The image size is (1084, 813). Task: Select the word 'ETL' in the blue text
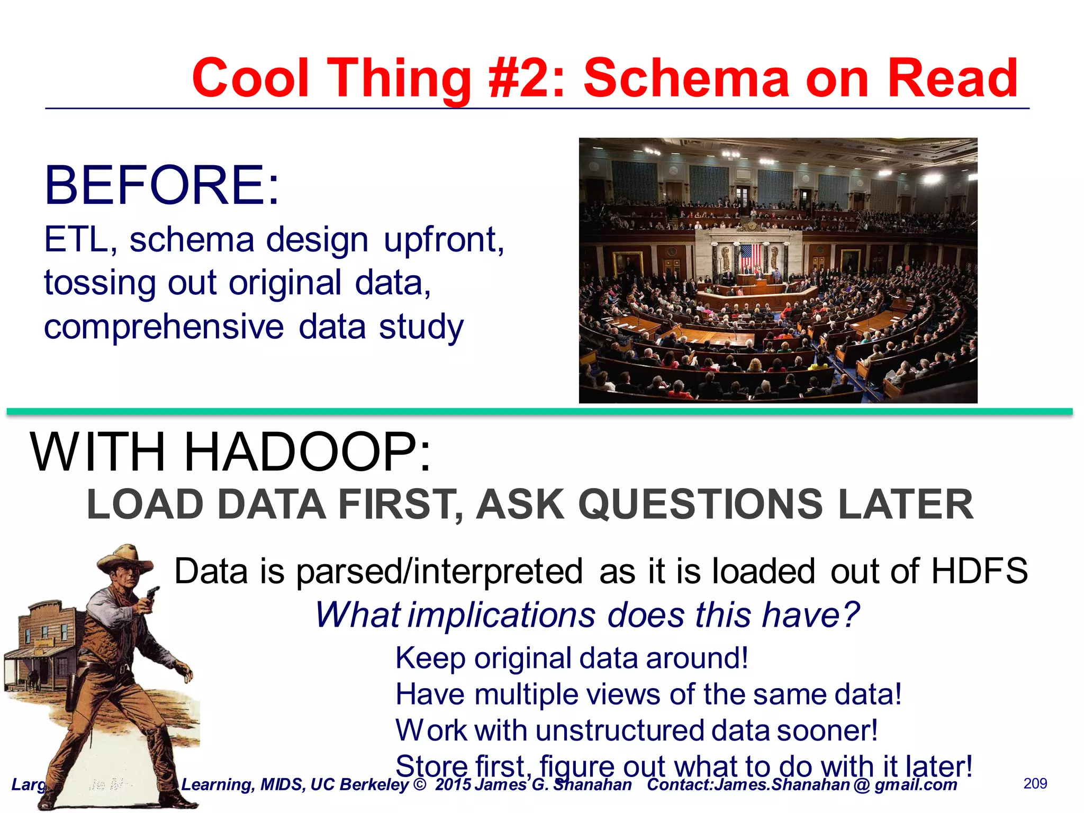coord(76,240)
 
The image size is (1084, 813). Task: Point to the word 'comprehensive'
coord(164,327)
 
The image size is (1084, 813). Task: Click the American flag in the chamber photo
coord(750,256)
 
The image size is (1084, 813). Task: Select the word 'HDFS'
coord(979,571)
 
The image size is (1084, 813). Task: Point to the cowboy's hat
coord(125,559)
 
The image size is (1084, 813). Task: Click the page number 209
coord(1035,783)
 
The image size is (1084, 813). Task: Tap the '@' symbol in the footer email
coord(861,785)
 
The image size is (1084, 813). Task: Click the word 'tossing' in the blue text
coord(100,283)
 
